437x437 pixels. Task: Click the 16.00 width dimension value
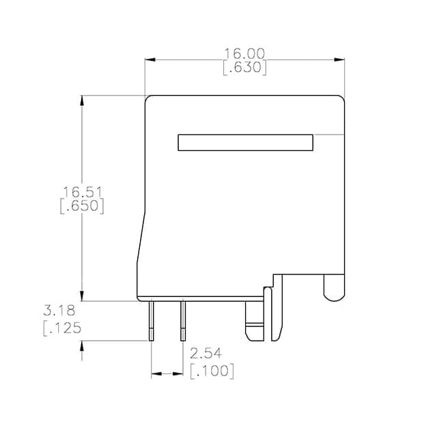pos(244,53)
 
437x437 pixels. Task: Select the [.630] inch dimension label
pos(245,68)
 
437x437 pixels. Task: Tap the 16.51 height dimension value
pos(83,192)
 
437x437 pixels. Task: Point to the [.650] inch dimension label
pos(82,206)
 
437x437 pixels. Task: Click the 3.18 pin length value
pos(59,311)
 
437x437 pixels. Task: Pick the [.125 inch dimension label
pos(62,328)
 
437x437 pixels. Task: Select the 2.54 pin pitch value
pos(206,354)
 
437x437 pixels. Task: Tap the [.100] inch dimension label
pos(212,371)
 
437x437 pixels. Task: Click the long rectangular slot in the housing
pos(246,143)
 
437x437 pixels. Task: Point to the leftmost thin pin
pos(151,321)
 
